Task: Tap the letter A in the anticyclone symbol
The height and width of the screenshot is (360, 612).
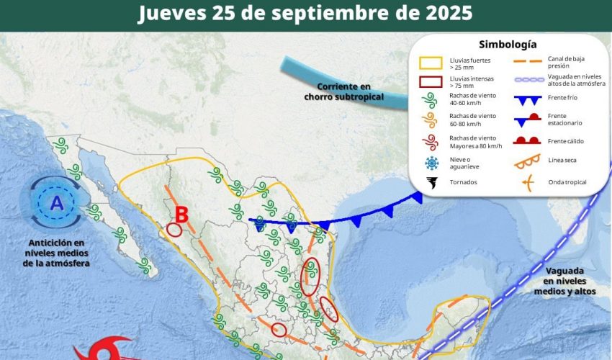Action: tap(57, 204)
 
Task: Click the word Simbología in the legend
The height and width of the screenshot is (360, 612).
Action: tap(508, 45)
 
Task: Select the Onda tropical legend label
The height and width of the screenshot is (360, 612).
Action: tap(567, 182)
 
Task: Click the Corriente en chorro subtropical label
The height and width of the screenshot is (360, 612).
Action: tap(343, 91)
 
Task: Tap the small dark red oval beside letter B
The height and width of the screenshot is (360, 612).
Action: tap(174, 230)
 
